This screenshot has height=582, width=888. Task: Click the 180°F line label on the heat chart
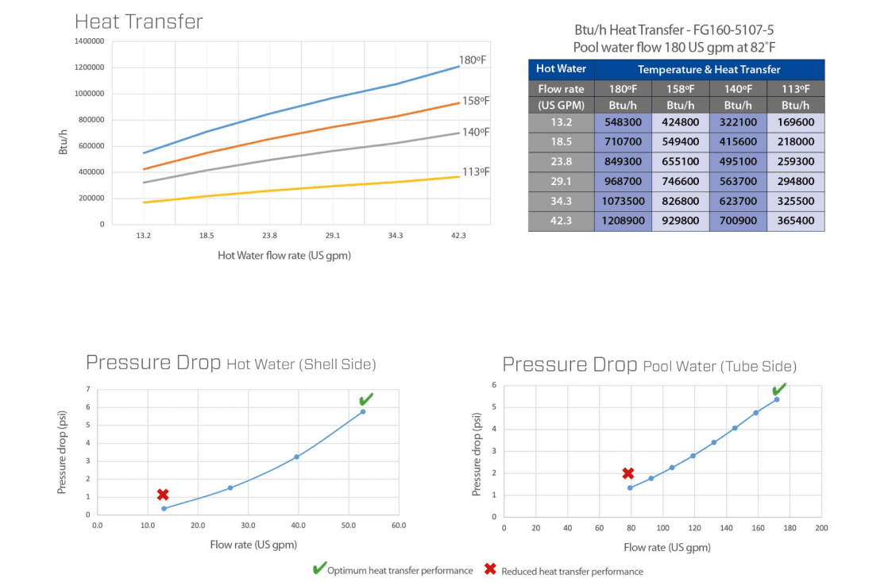click(474, 60)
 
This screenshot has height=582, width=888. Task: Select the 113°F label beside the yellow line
click(477, 172)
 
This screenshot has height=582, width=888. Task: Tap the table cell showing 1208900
click(623, 221)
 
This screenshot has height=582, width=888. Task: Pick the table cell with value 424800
click(680, 122)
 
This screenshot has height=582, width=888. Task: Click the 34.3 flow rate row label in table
click(561, 202)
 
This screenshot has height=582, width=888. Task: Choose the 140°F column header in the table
click(738, 89)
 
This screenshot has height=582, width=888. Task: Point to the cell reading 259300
click(796, 162)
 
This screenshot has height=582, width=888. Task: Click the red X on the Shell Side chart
click(163, 495)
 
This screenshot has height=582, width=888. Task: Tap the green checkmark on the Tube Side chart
click(779, 388)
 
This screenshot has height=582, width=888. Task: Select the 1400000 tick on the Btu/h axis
click(89, 41)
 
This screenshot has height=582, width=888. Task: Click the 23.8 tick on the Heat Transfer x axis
click(269, 236)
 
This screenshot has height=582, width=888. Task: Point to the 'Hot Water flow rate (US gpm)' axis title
click(284, 256)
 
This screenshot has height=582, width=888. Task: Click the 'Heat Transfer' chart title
click(139, 21)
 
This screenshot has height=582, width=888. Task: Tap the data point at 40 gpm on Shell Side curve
click(297, 457)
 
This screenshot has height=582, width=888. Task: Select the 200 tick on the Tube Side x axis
click(821, 528)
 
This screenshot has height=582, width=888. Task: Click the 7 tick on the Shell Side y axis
click(88, 388)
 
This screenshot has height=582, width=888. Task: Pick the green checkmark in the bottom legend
click(319, 569)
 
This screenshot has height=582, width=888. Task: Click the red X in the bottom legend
click(490, 569)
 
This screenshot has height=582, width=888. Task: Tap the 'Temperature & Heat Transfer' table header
click(708, 70)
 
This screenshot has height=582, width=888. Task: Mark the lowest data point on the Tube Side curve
click(630, 488)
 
